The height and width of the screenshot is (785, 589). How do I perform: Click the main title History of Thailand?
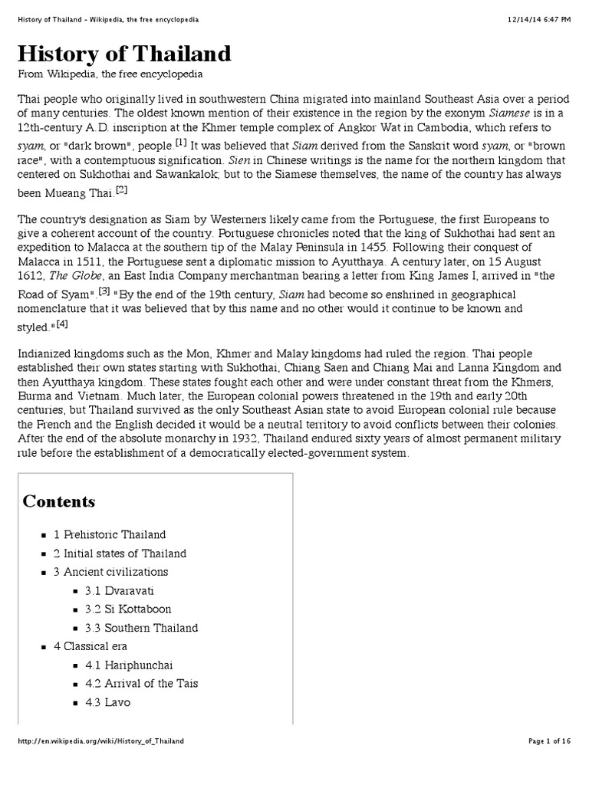click(123, 54)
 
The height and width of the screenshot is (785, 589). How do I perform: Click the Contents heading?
click(59, 501)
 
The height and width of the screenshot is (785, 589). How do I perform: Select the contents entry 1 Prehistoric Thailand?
click(110, 534)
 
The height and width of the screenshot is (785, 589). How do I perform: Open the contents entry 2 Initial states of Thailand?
click(120, 553)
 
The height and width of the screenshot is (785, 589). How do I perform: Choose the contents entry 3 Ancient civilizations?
click(110, 572)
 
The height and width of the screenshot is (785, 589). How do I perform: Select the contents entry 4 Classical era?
click(90, 646)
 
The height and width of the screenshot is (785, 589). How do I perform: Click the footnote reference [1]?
click(181, 142)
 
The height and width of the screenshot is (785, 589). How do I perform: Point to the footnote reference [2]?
click(121, 190)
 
